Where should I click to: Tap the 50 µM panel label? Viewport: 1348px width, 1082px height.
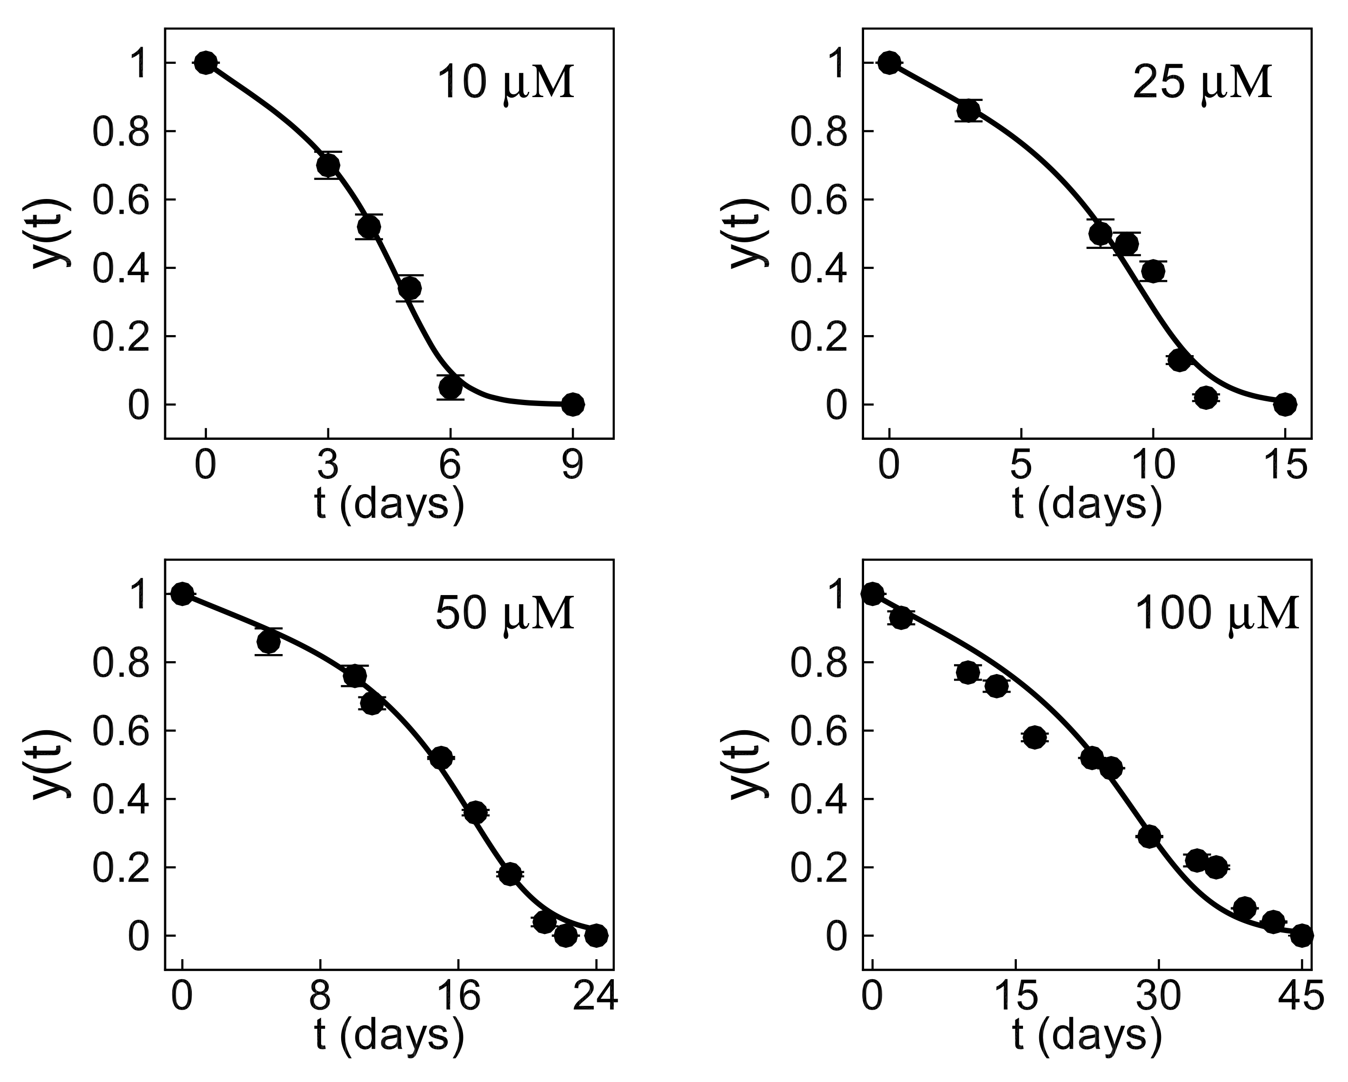tap(504, 614)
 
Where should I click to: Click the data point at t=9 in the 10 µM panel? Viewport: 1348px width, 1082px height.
tap(573, 404)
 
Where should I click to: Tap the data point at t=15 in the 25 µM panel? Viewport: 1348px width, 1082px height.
tap(1285, 404)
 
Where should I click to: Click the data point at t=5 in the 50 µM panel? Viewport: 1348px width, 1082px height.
tap(268, 642)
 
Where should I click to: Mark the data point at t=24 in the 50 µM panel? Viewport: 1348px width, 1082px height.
tap(597, 936)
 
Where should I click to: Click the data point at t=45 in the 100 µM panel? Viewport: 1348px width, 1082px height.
tap(1302, 936)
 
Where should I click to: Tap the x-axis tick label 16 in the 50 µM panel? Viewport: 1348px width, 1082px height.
tap(458, 997)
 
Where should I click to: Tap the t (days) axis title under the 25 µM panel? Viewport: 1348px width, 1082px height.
tap(1087, 504)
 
